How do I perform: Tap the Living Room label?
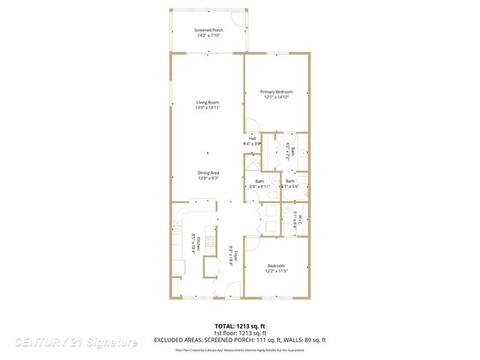click(208, 102)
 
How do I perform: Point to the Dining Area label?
click(208, 173)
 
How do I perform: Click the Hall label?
click(253, 139)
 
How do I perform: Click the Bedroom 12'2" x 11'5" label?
click(275, 267)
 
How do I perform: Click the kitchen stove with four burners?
click(211, 241)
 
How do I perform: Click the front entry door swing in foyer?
click(232, 286)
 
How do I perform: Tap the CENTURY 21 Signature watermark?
click(76, 342)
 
